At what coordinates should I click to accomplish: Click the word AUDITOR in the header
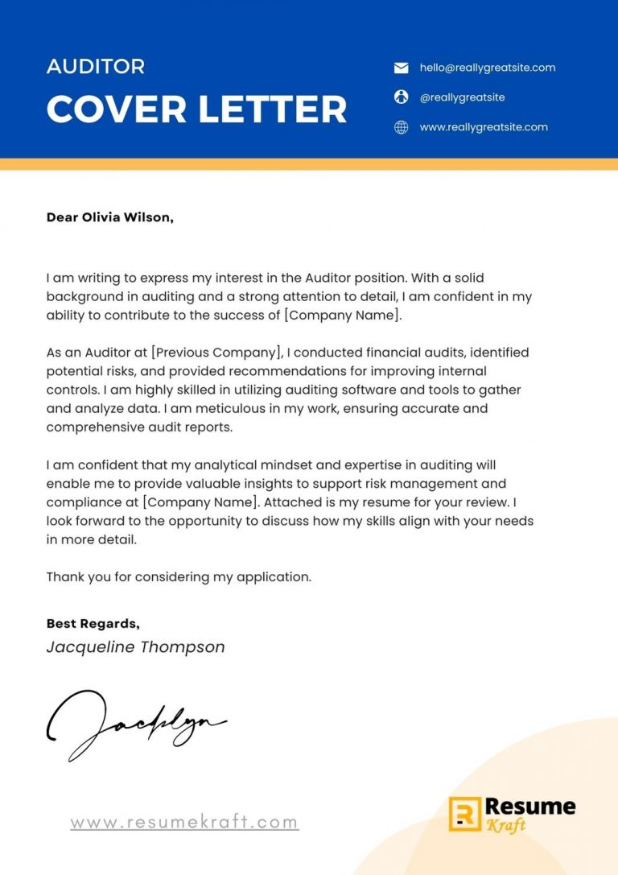coord(96,67)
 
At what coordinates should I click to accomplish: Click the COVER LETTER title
coord(196,109)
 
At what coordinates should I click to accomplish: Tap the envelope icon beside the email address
coord(401,68)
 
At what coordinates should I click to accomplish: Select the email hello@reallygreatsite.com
coord(487,68)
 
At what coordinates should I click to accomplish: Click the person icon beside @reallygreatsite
coord(401,97)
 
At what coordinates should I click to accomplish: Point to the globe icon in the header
coord(401,127)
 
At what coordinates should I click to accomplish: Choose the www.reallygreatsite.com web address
coord(483,127)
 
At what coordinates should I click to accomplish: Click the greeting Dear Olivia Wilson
coord(109,217)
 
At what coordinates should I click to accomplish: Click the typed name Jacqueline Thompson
coord(135,647)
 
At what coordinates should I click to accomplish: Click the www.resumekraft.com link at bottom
coord(184,823)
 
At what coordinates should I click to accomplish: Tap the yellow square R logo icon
coord(464,814)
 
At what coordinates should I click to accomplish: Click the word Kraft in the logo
coord(505,825)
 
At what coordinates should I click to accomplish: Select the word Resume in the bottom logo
coord(531,806)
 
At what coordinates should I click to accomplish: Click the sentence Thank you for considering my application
coord(179,577)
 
